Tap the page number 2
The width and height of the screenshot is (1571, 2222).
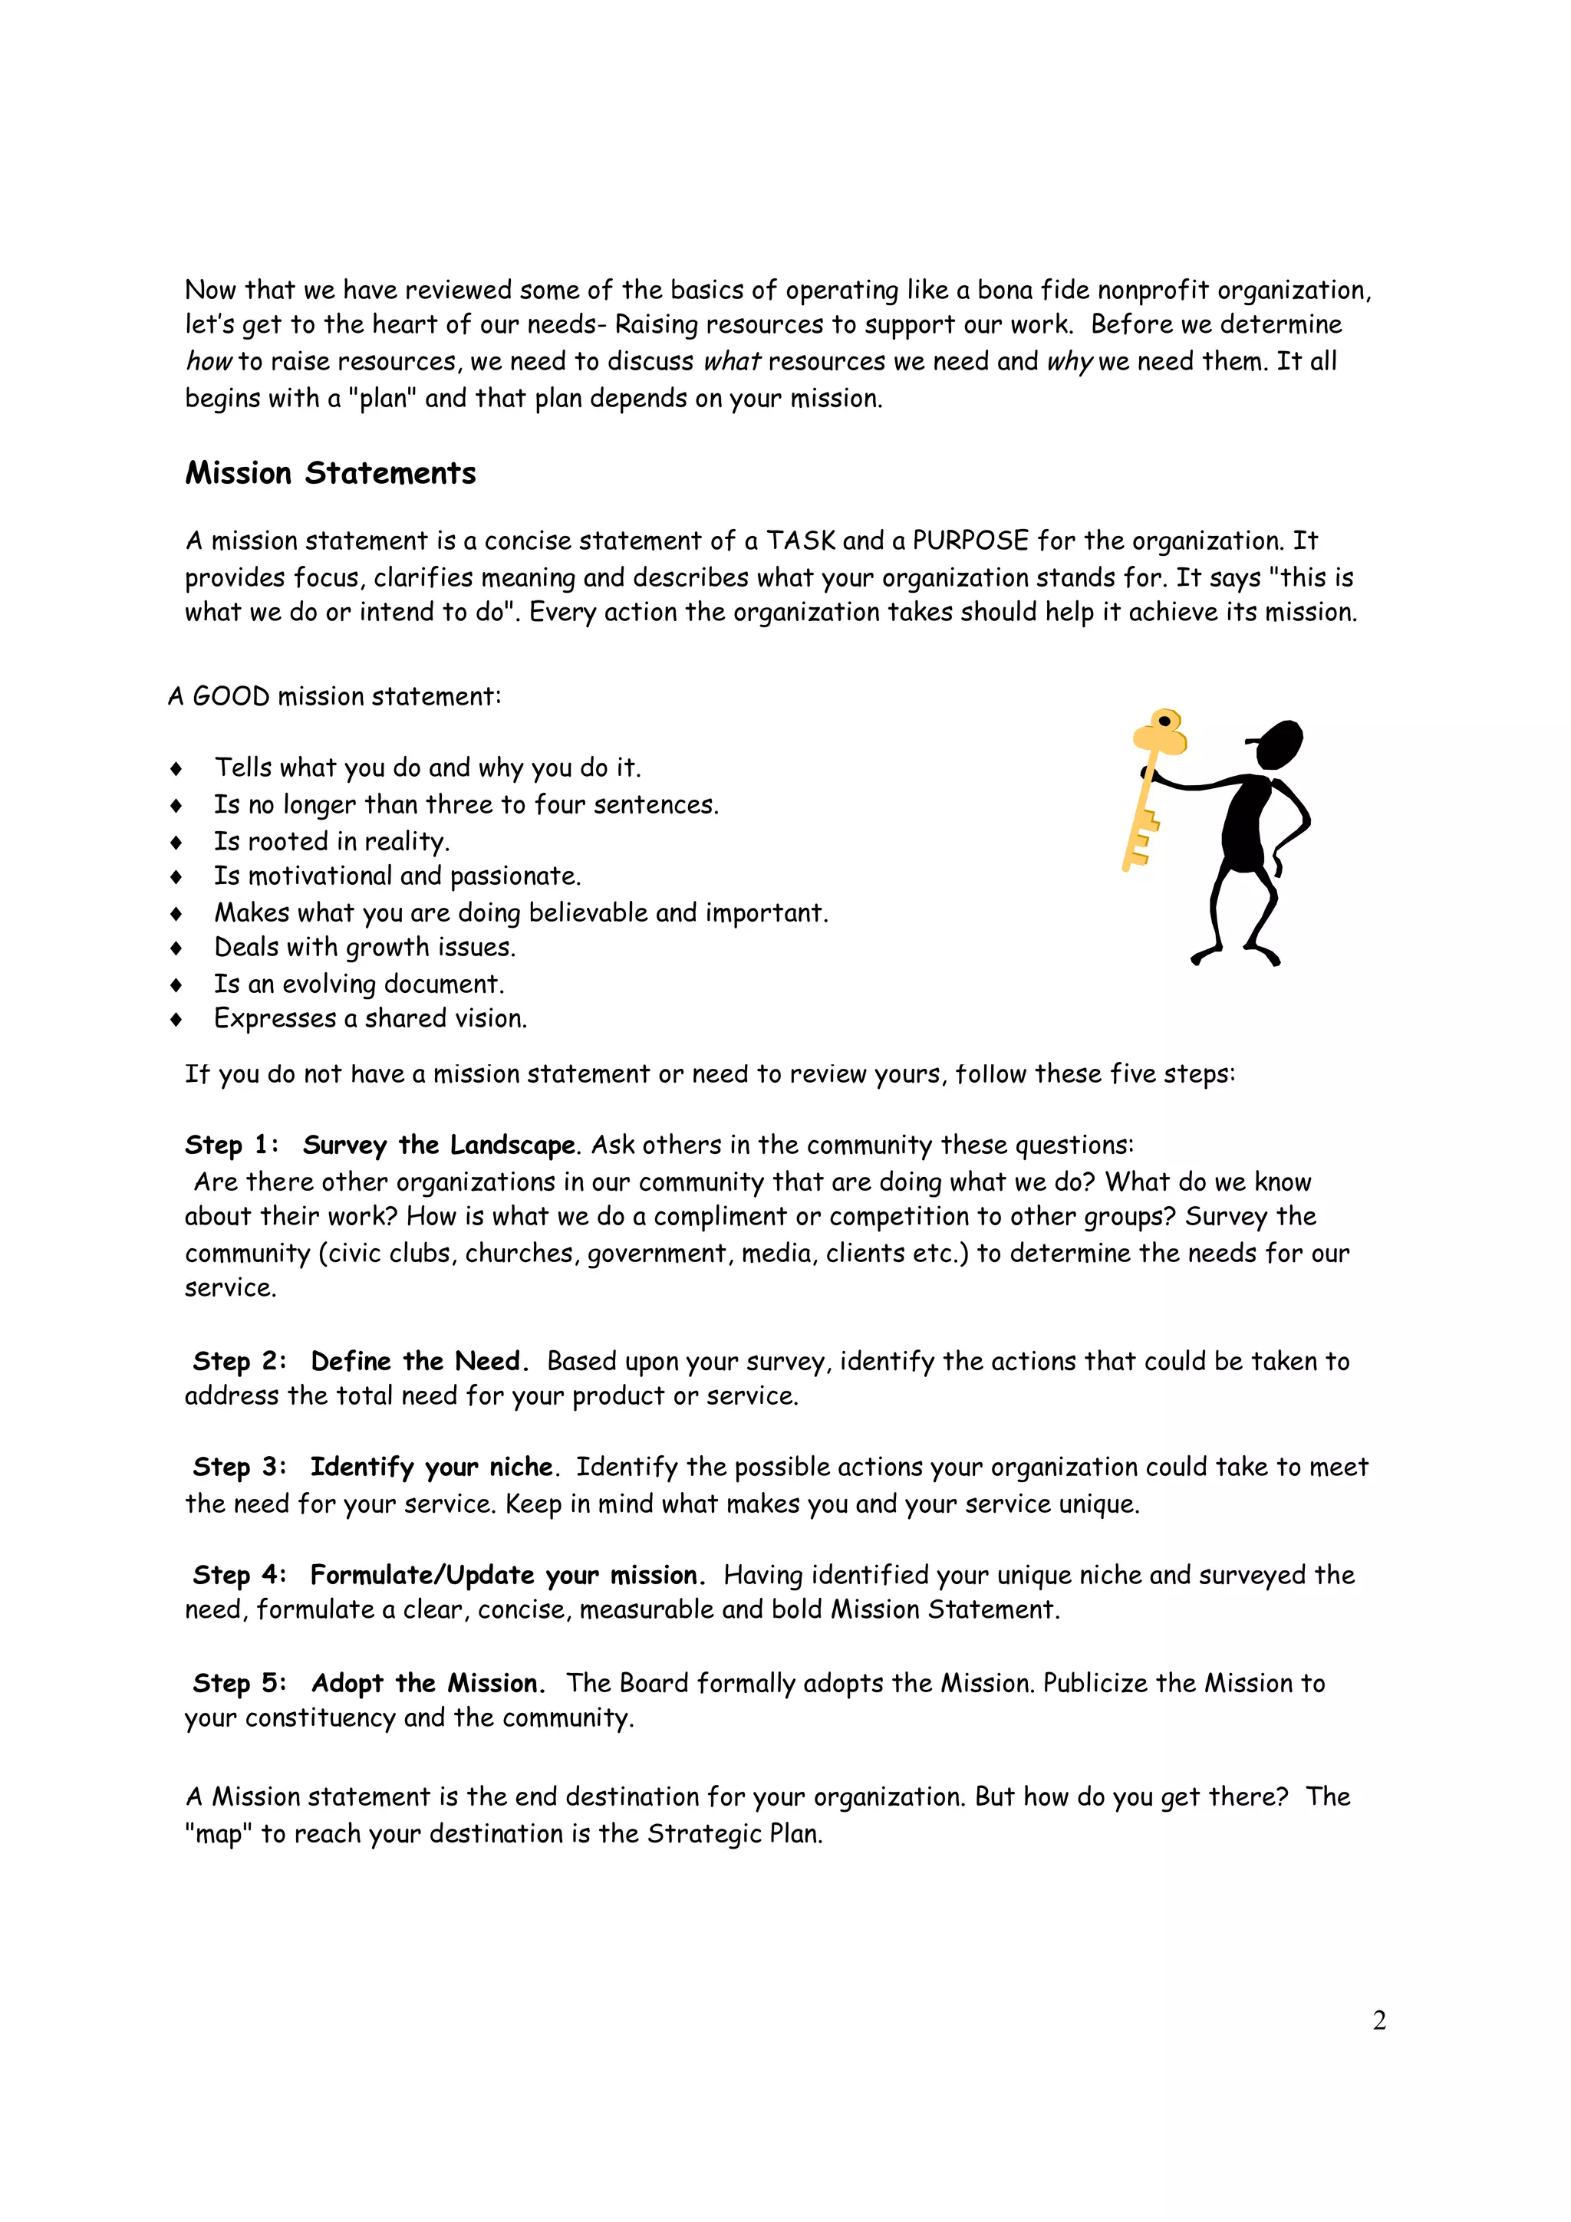[1379, 2020]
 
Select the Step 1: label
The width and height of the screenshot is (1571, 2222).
[232, 1146]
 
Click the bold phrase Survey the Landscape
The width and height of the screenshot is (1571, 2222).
[440, 1146]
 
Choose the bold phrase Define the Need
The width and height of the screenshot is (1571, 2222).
[419, 1362]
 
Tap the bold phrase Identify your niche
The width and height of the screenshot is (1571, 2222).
[433, 1467]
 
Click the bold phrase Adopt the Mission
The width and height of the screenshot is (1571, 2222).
[428, 1684]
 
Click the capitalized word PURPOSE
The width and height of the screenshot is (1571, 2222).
[970, 541]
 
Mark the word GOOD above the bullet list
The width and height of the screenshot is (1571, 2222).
[232, 697]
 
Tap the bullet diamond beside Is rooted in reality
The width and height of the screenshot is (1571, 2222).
[176, 842]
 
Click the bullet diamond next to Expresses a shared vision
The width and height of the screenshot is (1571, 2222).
[176, 1019]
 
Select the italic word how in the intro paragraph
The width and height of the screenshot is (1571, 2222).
[208, 362]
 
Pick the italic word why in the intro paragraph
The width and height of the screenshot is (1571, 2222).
[1069, 362]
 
